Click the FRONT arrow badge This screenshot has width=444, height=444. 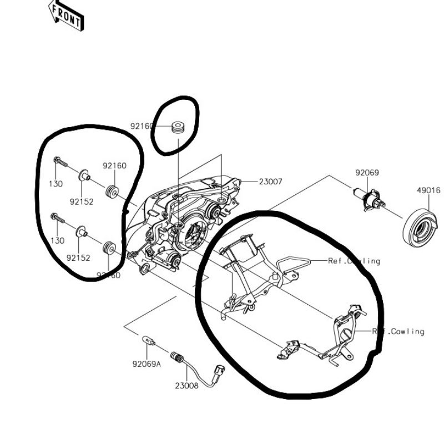pos(66,16)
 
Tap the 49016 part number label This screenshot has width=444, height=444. pos(428,190)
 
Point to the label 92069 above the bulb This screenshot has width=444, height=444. pos(367,173)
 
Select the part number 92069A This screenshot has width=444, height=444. pos(147,365)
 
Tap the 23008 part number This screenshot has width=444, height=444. pos(186,385)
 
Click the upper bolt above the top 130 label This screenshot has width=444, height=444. pos(60,162)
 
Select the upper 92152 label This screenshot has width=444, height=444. pos(81,201)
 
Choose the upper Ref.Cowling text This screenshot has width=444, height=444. pos(354,261)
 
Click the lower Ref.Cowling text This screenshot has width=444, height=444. pos(398,331)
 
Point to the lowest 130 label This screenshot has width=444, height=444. pos(57,240)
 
